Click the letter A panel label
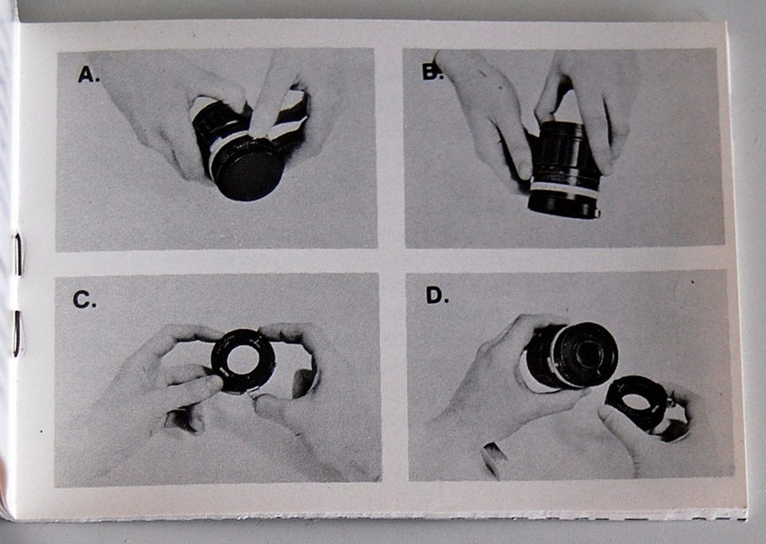pyautogui.click(x=89, y=75)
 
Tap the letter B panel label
pyautogui.click(x=432, y=72)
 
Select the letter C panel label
pyautogui.click(x=84, y=300)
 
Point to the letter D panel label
pyautogui.click(x=436, y=295)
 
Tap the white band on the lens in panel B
pyautogui.click(x=564, y=189)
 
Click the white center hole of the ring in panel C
pyautogui.click(x=243, y=360)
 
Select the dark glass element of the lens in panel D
pyautogui.click(x=586, y=353)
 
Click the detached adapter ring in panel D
pyautogui.click(x=636, y=403)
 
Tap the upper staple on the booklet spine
pyautogui.click(x=18, y=254)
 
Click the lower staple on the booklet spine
pyautogui.click(x=17, y=333)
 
